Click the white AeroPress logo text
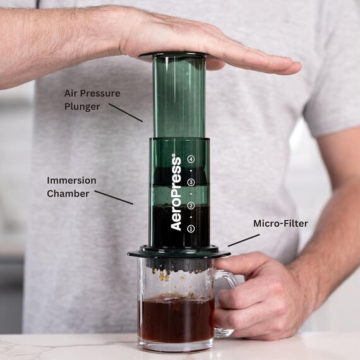coord(176,193)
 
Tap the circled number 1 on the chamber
coord(191,228)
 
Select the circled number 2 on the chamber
coord(191,205)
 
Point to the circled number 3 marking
coord(191,182)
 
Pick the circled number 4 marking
coord(191,159)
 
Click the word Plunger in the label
coord(82,106)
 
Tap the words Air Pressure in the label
coord(92,93)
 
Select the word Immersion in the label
coord(71,180)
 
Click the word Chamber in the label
coord(68,193)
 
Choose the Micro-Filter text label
coord(280,223)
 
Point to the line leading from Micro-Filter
coord(243,240)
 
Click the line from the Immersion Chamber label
coord(114,197)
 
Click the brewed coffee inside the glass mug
coord(176,319)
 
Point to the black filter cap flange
coord(178,253)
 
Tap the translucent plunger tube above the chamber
coord(179,95)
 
